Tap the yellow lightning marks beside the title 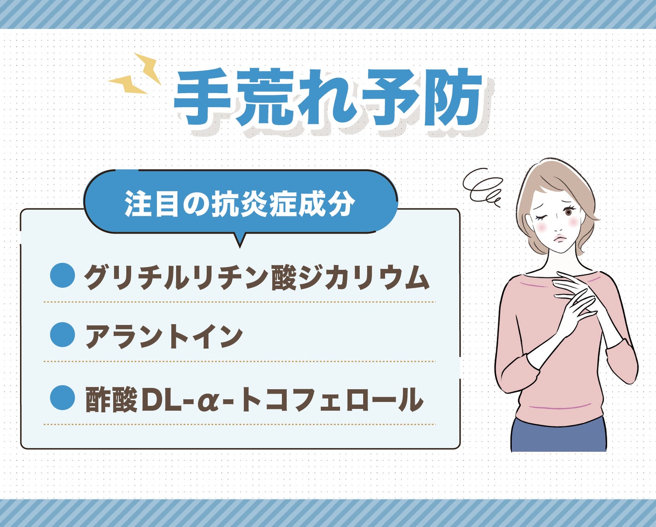pos(135,74)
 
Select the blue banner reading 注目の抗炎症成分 pos(240,203)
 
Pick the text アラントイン pos(164,337)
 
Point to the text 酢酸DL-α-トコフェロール pos(254,399)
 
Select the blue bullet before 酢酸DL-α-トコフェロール pos(63,397)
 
